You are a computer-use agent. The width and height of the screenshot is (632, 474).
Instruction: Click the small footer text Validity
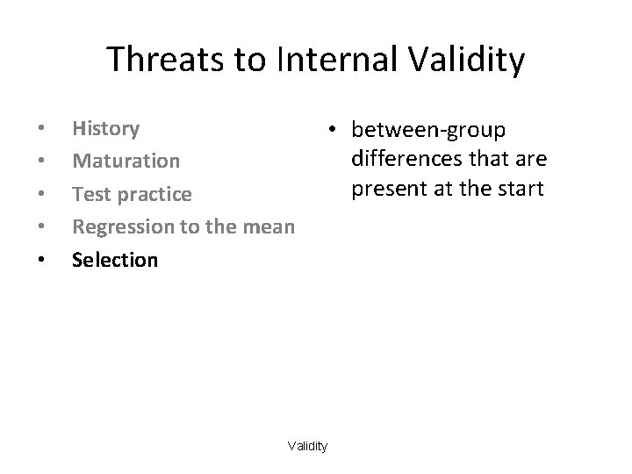coord(307,447)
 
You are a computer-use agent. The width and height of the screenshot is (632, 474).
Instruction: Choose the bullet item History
coord(105,129)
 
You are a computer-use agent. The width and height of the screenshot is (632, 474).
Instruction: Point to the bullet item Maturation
coord(126,162)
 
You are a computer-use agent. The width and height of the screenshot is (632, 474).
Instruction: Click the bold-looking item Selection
coord(115,260)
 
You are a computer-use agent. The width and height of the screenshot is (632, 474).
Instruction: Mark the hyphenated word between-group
coord(428,131)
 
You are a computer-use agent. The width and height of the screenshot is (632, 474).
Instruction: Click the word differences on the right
coord(406,159)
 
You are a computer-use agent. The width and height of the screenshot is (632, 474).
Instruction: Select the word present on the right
coord(385,188)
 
